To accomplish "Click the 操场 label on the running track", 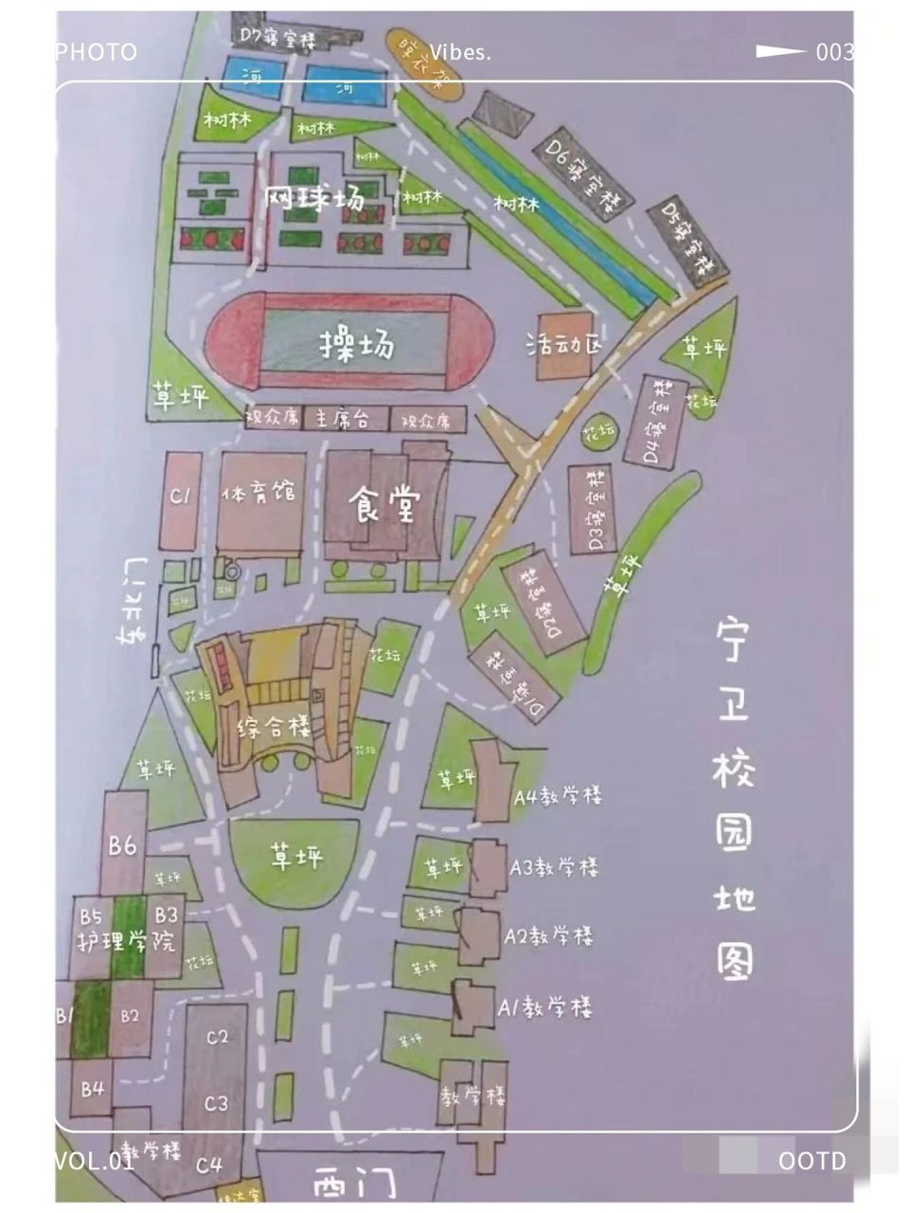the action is click(356, 347).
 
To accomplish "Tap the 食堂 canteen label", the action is click(383, 503).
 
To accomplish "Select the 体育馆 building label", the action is click(258, 494).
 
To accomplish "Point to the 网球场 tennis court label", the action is click(313, 198).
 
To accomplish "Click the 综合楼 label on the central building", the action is click(274, 728).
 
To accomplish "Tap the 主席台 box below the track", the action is click(342, 419).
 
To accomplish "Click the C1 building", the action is click(181, 497).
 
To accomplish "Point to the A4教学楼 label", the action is click(558, 796).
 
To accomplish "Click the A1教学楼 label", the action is click(545, 1006).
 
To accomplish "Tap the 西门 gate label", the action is click(354, 1184).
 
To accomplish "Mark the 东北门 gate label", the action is click(133, 602).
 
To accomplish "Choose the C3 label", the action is click(217, 1103).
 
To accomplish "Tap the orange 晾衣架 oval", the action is click(422, 63).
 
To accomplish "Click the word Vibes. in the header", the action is click(460, 52).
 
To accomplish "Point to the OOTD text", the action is click(811, 1161).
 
